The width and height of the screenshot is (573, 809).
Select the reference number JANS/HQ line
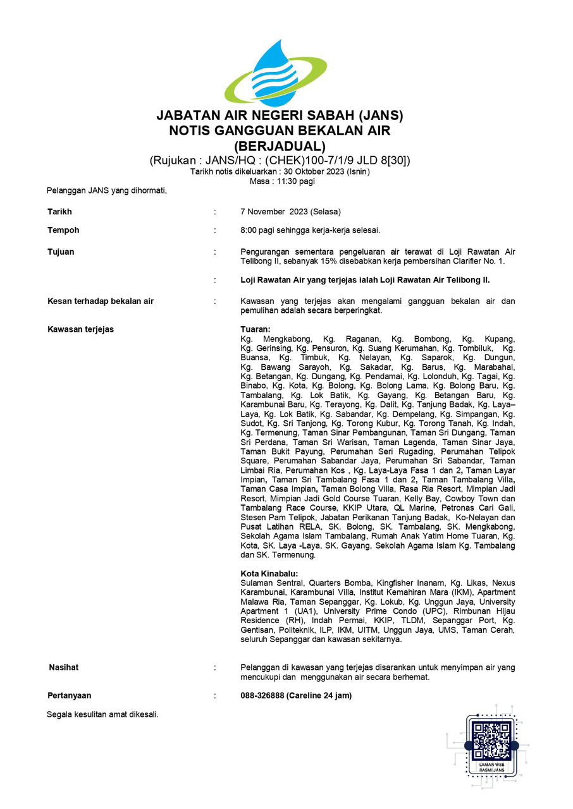[280, 161]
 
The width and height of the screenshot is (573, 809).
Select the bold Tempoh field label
[63, 230]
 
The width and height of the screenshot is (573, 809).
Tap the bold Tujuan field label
[61, 252]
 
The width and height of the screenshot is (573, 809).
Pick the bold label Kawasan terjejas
[80, 329]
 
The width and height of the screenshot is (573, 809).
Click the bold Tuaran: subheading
[256, 329]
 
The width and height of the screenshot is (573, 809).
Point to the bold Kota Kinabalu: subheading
[269, 573]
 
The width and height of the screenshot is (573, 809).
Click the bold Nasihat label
[64, 667]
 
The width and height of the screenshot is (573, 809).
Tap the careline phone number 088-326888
[262, 696]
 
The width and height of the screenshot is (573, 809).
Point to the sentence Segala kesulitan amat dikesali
[102, 715]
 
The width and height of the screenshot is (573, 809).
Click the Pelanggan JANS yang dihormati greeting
[107, 190]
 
